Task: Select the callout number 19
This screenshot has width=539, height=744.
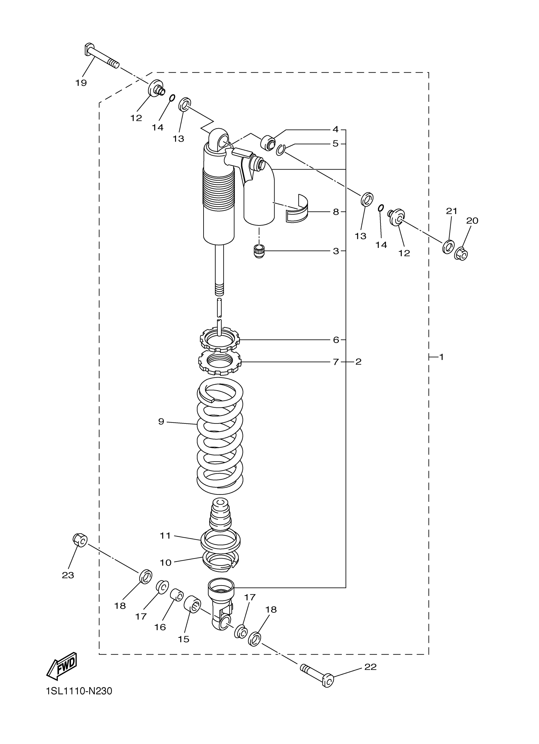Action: click(x=81, y=83)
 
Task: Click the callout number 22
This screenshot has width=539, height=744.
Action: click(x=370, y=667)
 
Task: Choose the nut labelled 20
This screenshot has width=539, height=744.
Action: click(x=461, y=254)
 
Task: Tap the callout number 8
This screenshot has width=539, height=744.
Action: click(x=335, y=212)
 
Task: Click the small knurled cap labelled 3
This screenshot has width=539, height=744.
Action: click(x=259, y=252)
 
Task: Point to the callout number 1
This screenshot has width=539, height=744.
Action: click(x=441, y=357)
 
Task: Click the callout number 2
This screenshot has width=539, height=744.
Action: click(x=358, y=362)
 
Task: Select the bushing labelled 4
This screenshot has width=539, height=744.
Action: click(x=268, y=143)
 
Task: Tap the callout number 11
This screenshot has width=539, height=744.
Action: click(x=165, y=536)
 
